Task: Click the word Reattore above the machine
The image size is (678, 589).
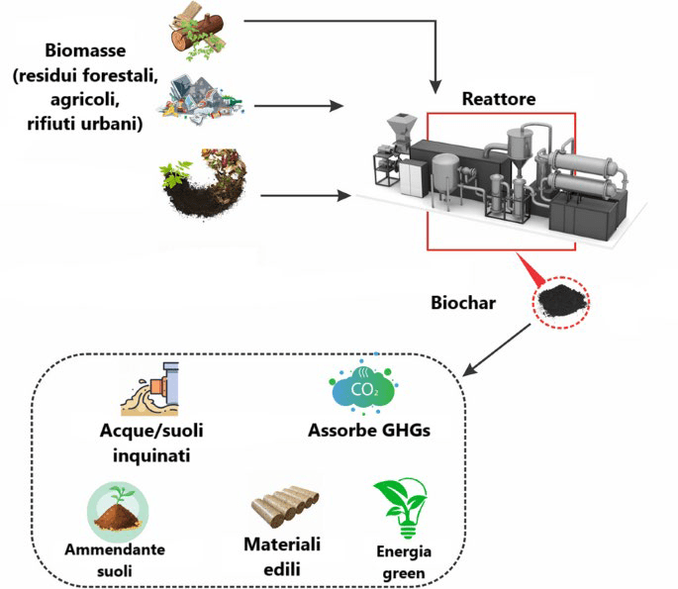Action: point(499,100)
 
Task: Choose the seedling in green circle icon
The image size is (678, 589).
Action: point(117,508)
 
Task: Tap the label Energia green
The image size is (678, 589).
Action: point(403,562)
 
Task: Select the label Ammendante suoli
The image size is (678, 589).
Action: point(116,560)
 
